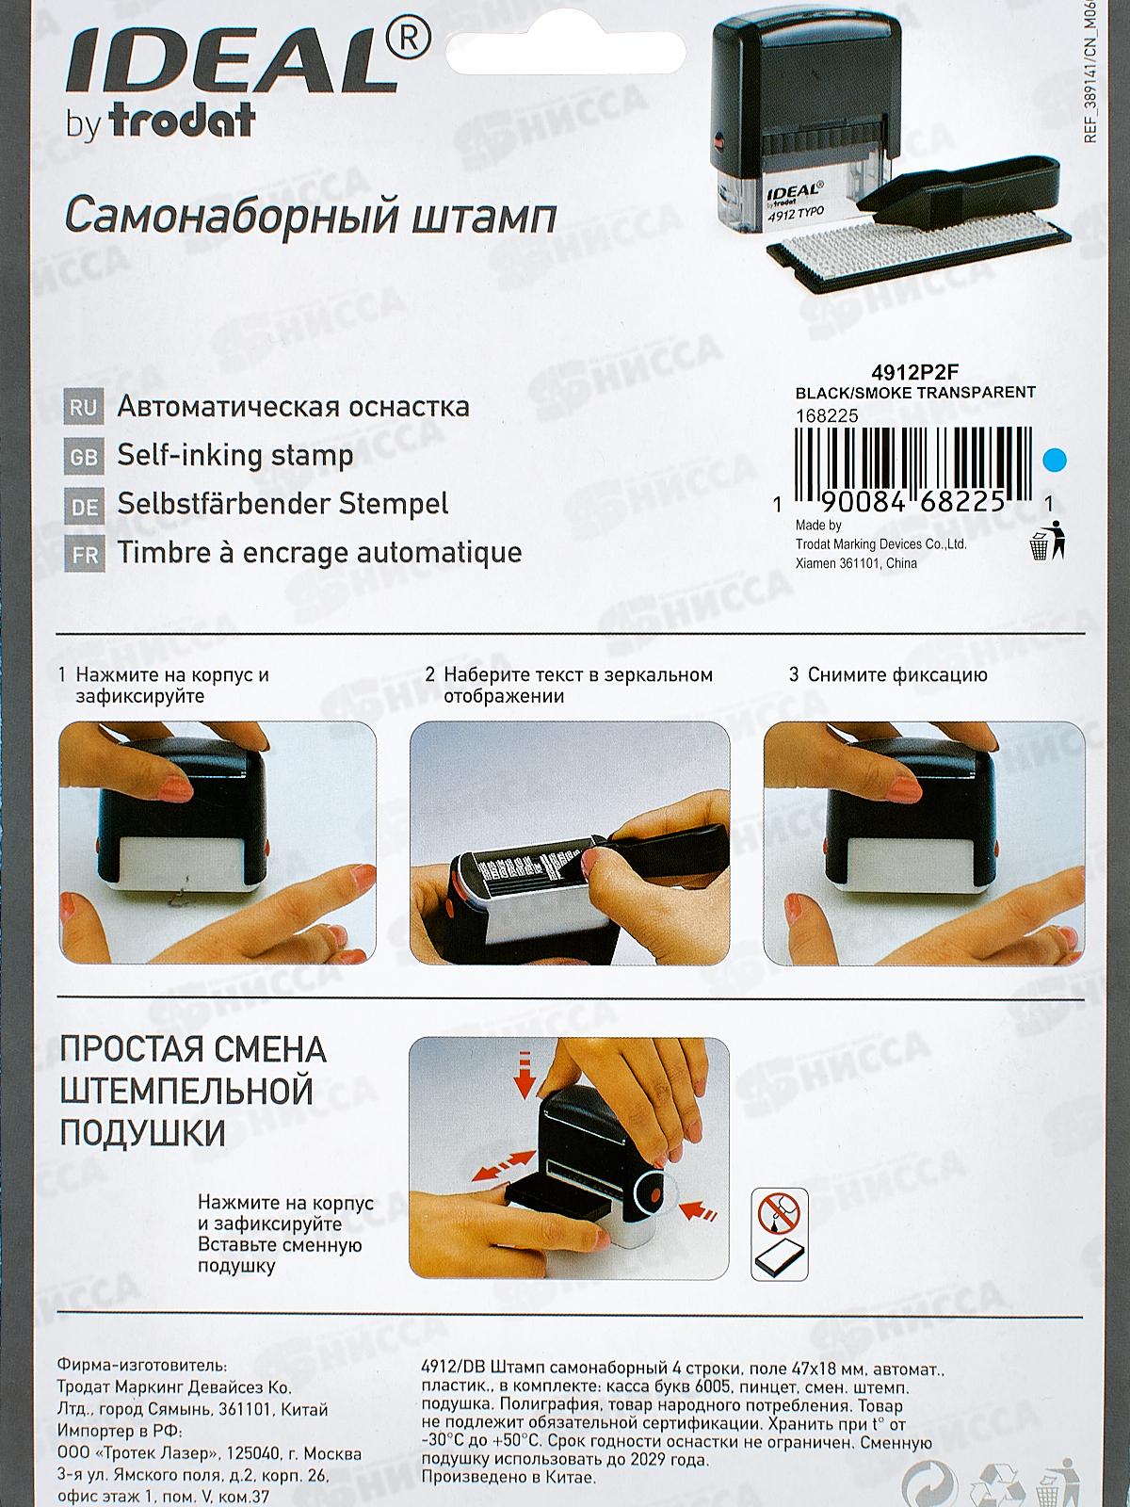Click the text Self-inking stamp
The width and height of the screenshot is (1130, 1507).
coord(235,457)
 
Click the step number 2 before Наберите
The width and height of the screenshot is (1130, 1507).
coord(429,675)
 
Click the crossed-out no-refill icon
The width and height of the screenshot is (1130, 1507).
coord(781,1213)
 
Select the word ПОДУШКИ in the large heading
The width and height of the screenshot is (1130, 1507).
coord(143,1131)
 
